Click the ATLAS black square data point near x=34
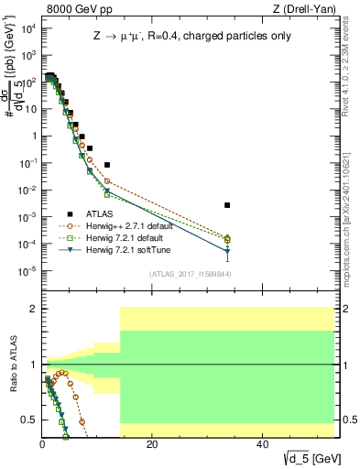tap(227, 205)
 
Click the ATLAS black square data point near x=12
tap(107, 165)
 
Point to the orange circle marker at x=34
tap(227, 238)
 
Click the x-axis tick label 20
tap(152, 442)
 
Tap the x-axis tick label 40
tap(262, 442)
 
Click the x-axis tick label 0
tap(42, 442)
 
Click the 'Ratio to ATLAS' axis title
tap(12, 365)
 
